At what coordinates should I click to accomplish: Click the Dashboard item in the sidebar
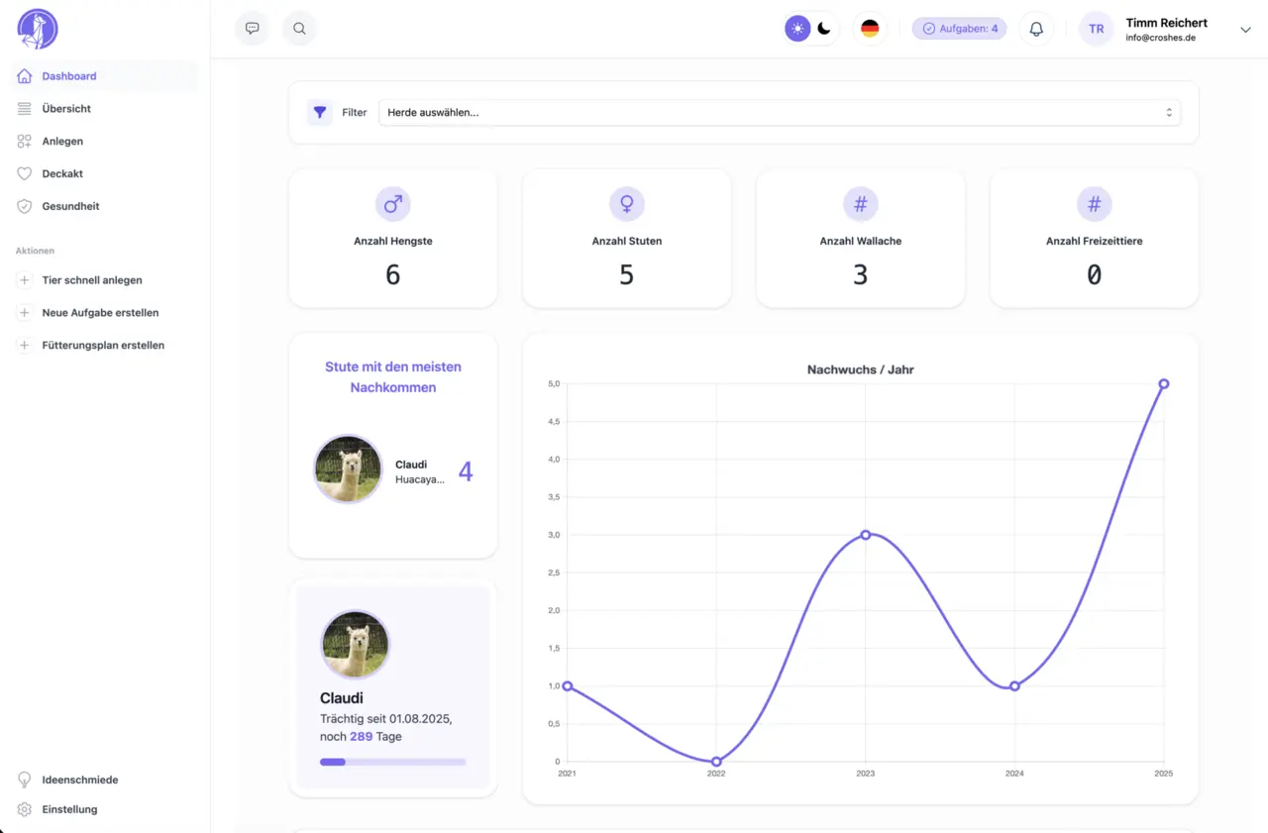click(68, 76)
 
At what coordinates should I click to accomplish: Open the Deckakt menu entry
click(61, 173)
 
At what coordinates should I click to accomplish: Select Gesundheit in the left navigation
click(70, 206)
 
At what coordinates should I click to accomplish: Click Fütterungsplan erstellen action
click(103, 346)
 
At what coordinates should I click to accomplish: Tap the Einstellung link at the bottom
click(69, 809)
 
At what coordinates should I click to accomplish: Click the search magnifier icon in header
click(299, 29)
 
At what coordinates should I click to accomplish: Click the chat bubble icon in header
click(252, 29)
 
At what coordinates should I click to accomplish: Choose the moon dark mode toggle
click(824, 29)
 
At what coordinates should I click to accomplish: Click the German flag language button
click(870, 29)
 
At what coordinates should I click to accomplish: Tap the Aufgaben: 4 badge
click(959, 29)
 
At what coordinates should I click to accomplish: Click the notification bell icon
click(1036, 29)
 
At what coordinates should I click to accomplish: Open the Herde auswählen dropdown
click(779, 113)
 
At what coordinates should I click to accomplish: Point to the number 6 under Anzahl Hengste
click(392, 275)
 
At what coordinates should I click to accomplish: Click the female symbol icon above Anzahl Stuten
click(626, 204)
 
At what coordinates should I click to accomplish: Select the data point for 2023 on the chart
click(865, 535)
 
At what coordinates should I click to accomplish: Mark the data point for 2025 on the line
click(1163, 383)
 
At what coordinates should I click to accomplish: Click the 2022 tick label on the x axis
click(715, 774)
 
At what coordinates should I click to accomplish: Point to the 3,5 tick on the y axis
click(554, 497)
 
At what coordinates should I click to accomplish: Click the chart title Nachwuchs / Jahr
click(860, 369)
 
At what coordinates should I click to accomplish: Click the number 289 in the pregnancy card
click(361, 737)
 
